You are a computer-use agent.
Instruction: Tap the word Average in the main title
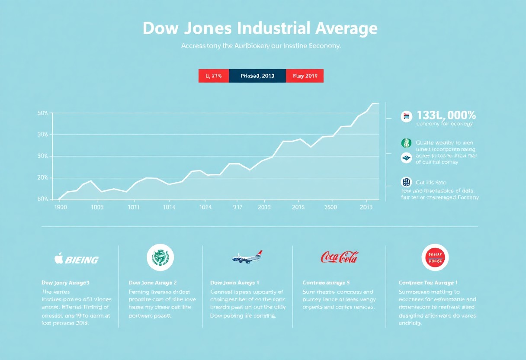(346, 29)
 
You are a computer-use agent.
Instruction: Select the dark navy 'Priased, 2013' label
(257, 76)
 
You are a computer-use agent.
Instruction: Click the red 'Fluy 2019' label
(305, 76)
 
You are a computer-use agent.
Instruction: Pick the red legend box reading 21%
(214, 76)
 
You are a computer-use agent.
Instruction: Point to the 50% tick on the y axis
(43, 113)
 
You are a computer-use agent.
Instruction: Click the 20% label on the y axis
(43, 178)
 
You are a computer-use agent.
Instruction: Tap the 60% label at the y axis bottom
(43, 199)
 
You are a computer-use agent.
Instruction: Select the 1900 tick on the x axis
(60, 207)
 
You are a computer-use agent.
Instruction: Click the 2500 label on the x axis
(330, 207)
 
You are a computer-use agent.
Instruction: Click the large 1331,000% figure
(446, 116)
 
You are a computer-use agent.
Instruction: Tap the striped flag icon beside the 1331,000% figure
(406, 116)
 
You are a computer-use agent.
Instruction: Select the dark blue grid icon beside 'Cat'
(406, 182)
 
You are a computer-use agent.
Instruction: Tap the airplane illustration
(247, 257)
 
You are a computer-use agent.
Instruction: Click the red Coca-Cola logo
(340, 257)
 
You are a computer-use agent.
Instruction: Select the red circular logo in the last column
(435, 257)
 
